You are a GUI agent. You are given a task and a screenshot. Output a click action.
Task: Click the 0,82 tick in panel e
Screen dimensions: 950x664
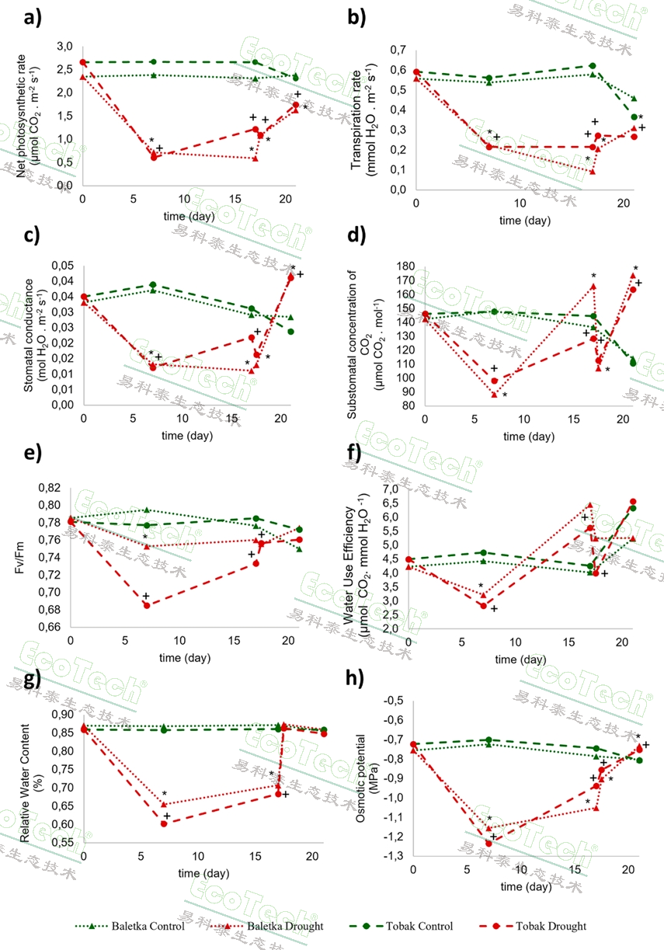(x=54, y=488)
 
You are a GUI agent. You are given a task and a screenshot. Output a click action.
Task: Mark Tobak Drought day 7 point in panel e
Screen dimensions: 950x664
(x=146, y=605)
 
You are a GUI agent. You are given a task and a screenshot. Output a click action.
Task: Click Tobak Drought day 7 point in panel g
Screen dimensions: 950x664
(x=164, y=823)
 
